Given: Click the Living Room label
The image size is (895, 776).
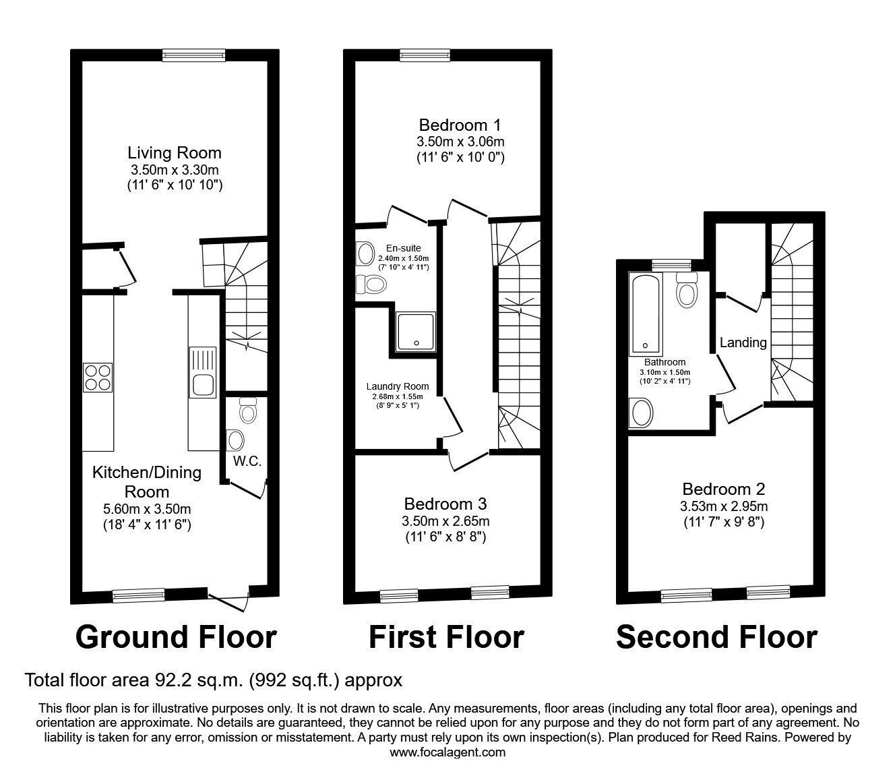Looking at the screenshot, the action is tap(175, 153).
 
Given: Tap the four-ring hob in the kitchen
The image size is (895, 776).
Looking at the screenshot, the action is tap(98, 378).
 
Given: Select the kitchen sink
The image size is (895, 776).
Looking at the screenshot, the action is tap(203, 372).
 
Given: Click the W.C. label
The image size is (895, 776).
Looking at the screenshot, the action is tap(247, 461).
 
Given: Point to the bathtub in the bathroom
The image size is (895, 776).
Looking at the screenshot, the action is tap(646, 314).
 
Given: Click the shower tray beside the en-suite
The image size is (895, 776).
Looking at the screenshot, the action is tap(416, 332).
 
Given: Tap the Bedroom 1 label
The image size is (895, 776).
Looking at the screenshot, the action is tap(460, 125).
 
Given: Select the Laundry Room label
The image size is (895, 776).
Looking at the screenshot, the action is tap(398, 386).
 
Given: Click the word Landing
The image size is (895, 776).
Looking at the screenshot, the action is tap(743, 342).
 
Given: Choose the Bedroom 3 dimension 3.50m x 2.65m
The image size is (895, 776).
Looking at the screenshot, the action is tap(445, 520).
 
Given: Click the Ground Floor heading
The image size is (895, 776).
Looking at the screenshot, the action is tap(176, 638).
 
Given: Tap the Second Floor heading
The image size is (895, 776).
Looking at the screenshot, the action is tap(716, 637).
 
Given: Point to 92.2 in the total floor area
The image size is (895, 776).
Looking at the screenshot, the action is tap(168, 680).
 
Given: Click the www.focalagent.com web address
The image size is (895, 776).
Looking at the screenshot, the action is tap(448, 752).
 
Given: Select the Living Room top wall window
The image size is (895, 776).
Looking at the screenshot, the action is tap(194, 55).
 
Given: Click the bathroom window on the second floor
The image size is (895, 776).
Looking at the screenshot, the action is tap(672, 265).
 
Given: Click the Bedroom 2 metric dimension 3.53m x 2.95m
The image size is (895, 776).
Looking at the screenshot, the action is tap(724, 506).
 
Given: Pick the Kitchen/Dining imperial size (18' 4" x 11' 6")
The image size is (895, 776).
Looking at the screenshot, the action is tap(147, 525).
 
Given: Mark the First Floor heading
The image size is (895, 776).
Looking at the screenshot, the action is tap(446, 637).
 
